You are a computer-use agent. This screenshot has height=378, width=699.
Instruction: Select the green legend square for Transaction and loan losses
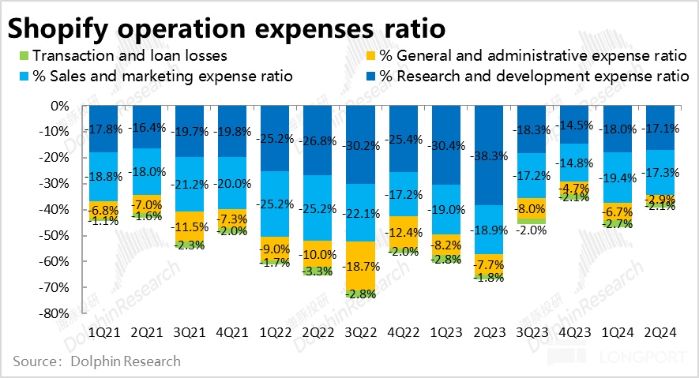[24, 56]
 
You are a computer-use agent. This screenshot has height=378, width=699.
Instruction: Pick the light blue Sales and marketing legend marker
[24, 77]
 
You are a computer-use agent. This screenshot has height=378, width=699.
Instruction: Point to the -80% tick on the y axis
[54, 313]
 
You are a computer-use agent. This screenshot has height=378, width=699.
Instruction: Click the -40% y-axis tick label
[54, 209]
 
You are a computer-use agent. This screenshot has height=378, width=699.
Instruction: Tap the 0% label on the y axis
[60, 106]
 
